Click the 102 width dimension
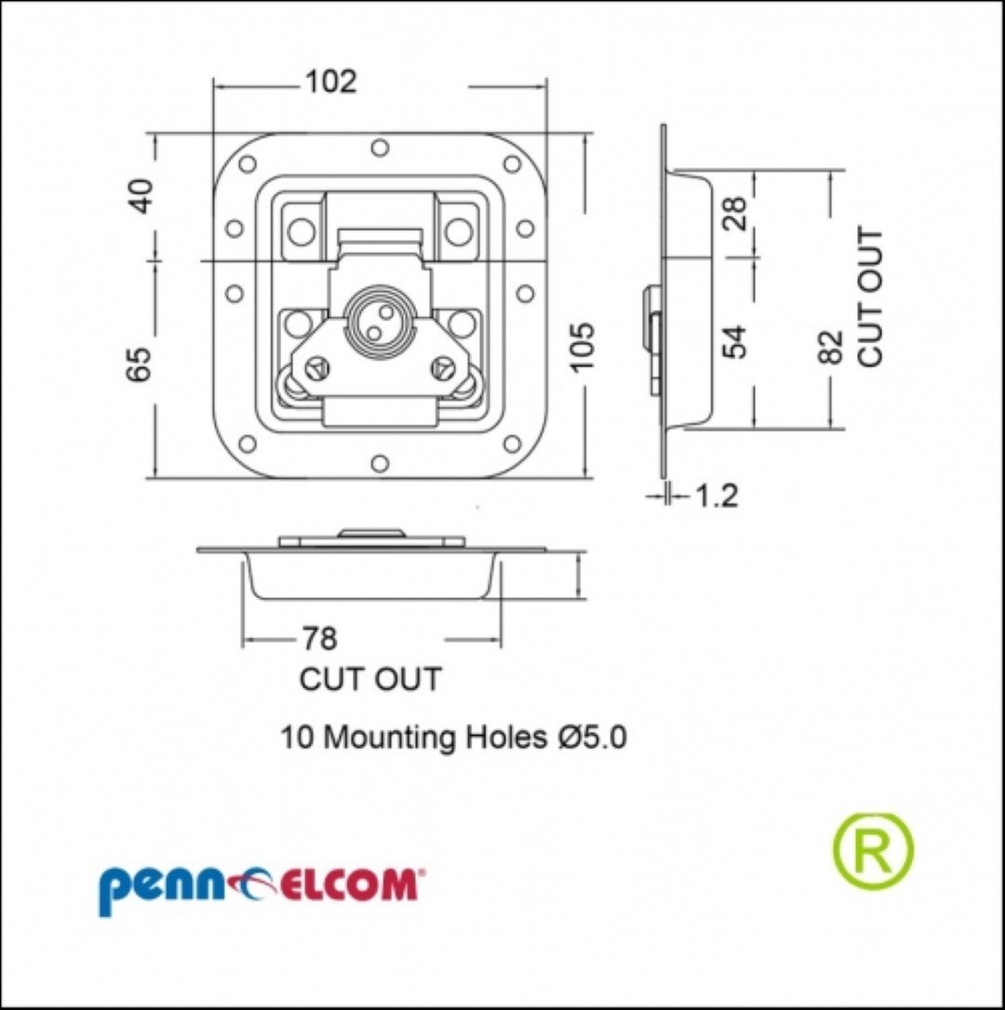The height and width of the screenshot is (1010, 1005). (x=330, y=82)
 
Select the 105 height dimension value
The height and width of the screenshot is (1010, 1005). (x=583, y=347)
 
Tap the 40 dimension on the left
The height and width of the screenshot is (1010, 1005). (x=141, y=195)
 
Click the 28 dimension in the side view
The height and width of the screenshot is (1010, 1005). (x=735, y=213)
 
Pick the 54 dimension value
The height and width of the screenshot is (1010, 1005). (x=735, y=341)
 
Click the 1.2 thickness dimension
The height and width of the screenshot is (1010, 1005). (x=716, y=496)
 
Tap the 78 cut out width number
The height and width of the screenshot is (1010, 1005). (x=320, y=638)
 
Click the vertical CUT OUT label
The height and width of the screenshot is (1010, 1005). (x=870, y=297)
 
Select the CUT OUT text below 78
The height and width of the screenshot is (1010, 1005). (x=370, y=679)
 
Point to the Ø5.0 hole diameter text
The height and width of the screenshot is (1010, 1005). (x=591, y=737)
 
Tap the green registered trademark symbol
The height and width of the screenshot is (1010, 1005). (x=874, y=850)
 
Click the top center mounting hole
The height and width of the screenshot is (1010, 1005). (x=381, y=148)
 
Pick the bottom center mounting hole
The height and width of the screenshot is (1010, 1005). (x=381, y=464)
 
